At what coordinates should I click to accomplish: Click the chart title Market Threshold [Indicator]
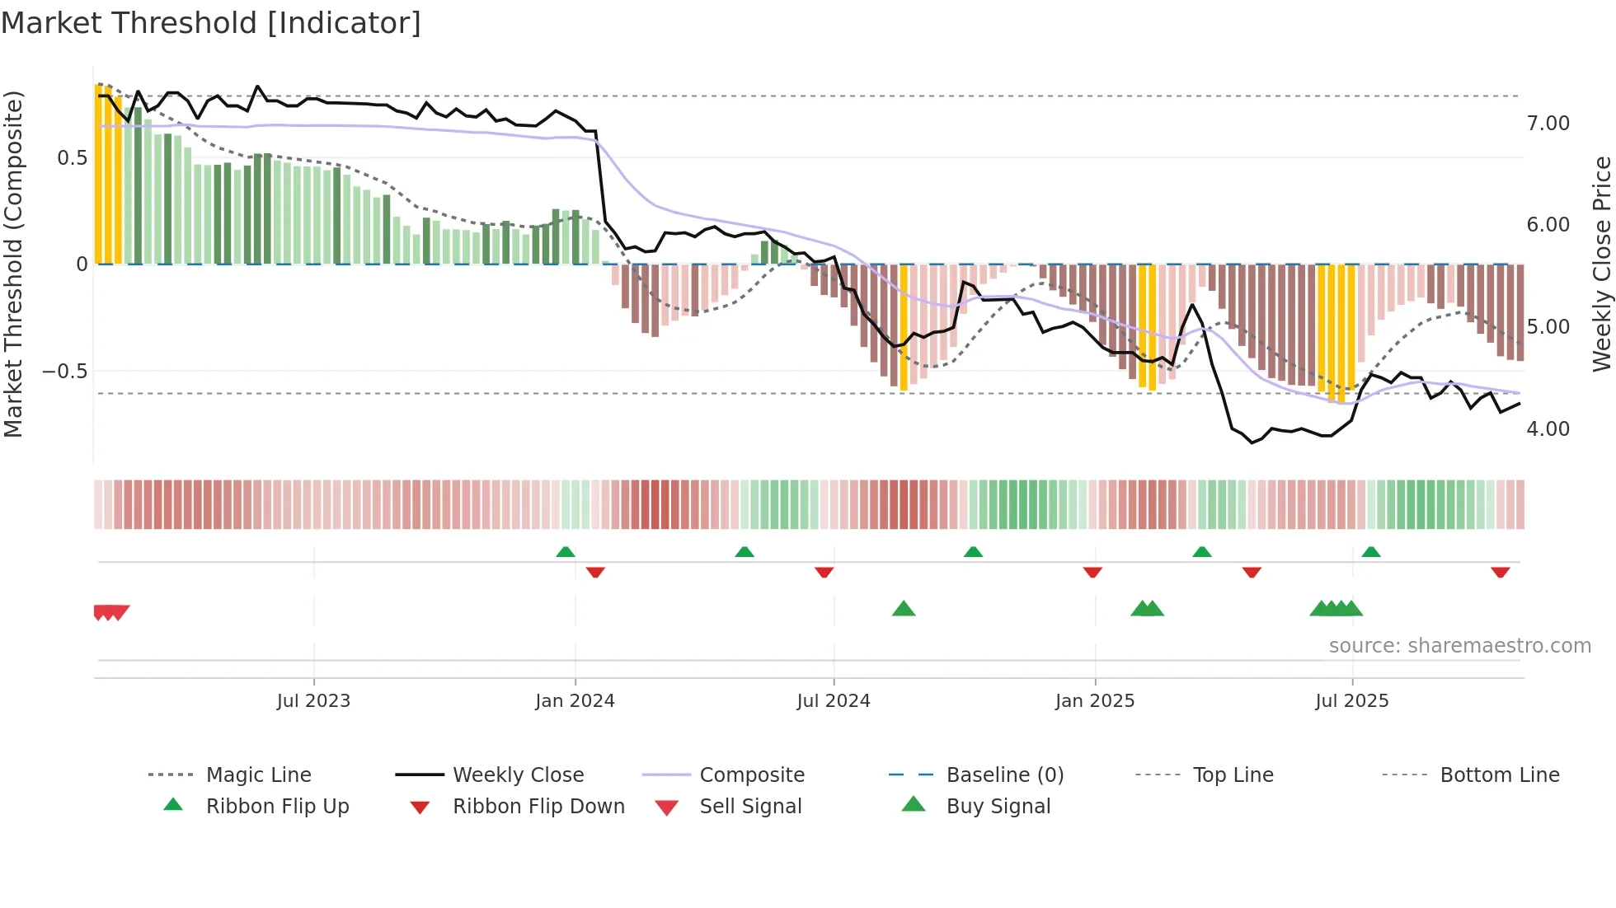pos(211,23)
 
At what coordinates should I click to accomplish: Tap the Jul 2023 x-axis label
pos(313,701)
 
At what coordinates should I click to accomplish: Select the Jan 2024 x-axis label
pos(575,701)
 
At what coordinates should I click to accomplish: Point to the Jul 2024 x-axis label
pos(834,701)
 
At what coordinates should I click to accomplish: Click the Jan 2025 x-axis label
pos(1095,701)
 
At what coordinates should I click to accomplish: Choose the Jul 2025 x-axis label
pos(1352,701)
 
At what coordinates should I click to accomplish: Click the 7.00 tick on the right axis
pos(1548,124)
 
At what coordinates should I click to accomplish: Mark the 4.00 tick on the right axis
pos(1548,429)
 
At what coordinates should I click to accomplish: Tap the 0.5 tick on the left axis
pos(72,158)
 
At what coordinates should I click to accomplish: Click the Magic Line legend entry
pos(258,775)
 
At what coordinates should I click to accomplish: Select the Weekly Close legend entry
pos(518,775)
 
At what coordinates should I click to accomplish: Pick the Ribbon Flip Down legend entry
pos(538,807)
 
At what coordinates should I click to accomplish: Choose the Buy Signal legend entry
pos(998,807)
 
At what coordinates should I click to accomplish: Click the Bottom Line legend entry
pos(1499,775)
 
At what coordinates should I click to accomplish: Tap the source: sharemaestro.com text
pos(1459,646)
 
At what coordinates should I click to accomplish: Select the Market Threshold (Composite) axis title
pos(13,264)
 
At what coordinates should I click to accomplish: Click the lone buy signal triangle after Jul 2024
pos(904,609)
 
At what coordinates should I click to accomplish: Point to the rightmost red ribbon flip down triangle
pos(1501,572)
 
